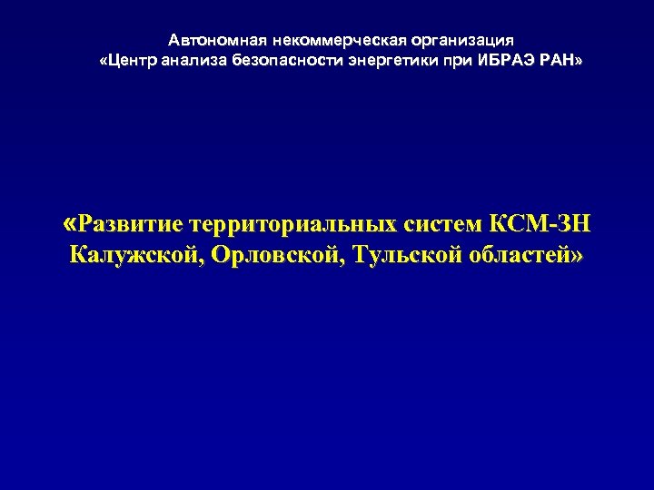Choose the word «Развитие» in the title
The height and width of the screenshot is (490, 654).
coord(131,223)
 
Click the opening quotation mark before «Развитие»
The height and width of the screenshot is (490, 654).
coord(72,222)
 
